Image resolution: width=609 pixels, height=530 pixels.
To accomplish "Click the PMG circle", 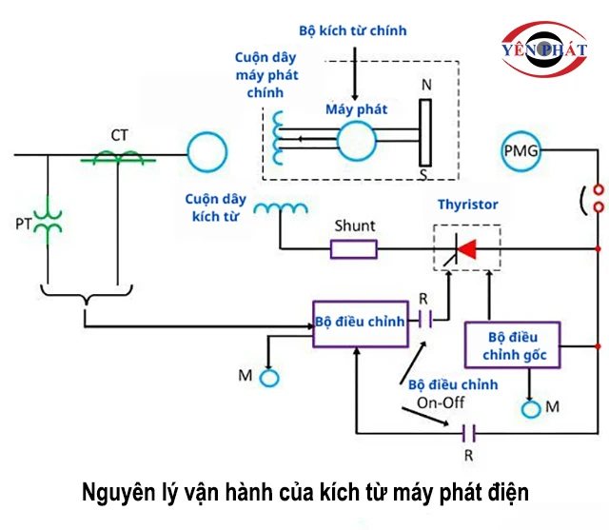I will click(522, 150).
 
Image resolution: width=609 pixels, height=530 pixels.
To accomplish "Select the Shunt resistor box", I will click(354, 249).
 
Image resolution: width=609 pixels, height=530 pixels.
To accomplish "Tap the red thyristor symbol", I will click(464, 249).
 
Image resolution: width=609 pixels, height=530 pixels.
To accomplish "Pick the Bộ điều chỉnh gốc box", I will click(512, 345).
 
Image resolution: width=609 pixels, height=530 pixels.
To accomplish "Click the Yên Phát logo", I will click(546, 48).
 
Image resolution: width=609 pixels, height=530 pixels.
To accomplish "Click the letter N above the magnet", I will click(425, 85).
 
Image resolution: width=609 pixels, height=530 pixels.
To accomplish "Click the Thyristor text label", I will click(467, 205).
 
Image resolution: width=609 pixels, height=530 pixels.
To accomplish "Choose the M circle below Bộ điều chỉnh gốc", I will click(530, 408).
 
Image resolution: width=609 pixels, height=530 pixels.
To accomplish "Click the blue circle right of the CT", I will click(206, 153).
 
